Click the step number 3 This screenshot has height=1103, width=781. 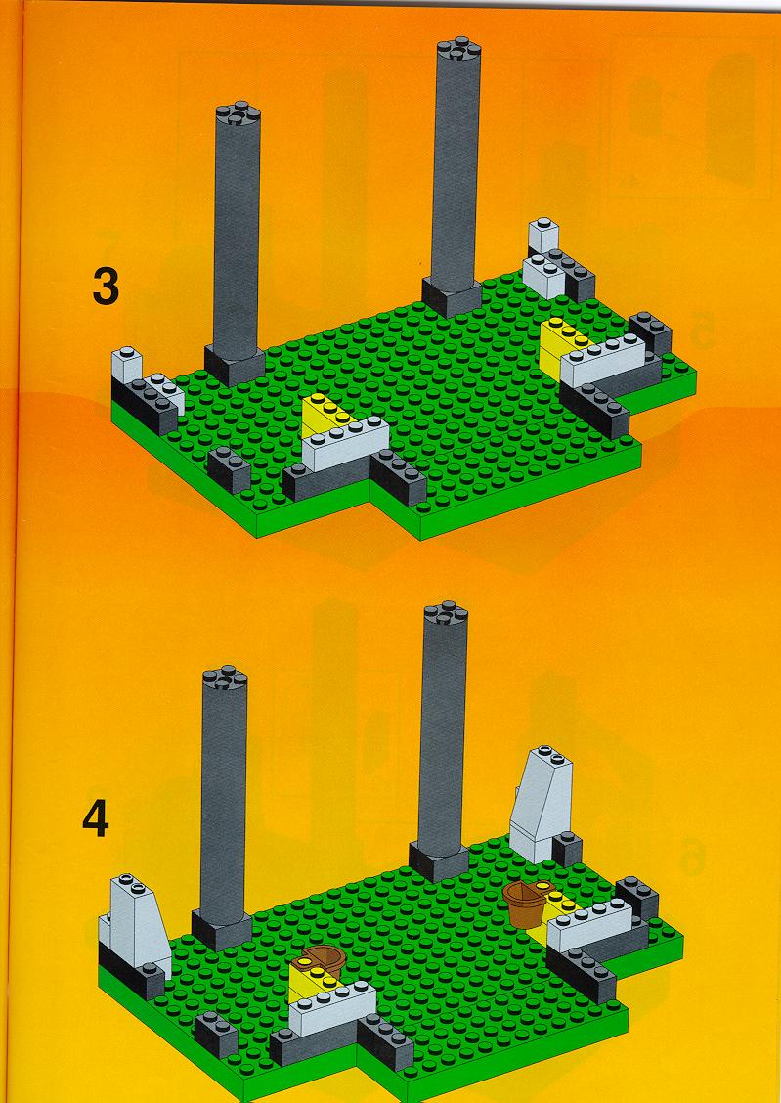106,287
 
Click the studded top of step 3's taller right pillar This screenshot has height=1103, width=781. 458,50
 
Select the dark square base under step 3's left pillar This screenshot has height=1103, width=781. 235,366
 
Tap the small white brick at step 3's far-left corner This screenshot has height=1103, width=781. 126,366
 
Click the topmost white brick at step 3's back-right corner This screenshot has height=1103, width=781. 543,236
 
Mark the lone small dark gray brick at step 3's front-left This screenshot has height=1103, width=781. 229,469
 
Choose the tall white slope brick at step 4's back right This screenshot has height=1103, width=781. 542,805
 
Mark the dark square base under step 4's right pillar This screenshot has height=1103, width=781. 439,861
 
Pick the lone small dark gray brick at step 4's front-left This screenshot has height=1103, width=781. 216,1036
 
